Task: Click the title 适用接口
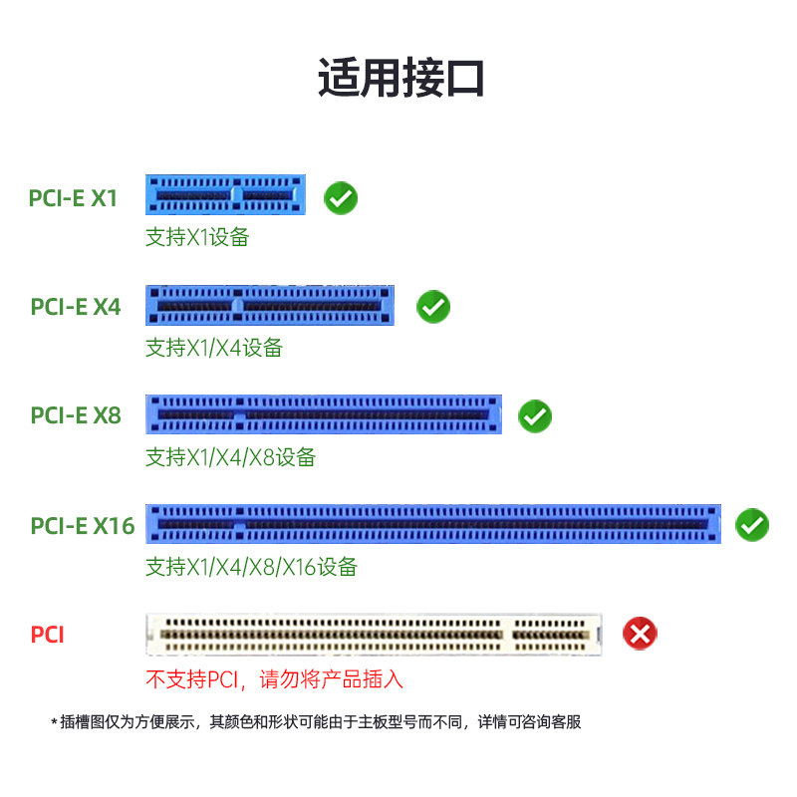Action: (400, 78)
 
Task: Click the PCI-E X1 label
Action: (73, 198)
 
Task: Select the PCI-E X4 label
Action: (76, 307)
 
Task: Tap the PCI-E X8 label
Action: (76, 415)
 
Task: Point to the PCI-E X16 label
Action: (83, 526)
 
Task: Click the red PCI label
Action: (47, 635)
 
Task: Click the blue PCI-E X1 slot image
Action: (226, 194)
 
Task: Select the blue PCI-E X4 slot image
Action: (270, 305)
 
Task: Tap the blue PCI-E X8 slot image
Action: (324, 414)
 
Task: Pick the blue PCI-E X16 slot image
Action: (433, 524)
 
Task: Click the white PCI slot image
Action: (375, 635)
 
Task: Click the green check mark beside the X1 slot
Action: (341, 197)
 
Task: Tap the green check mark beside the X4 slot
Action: (433, 307)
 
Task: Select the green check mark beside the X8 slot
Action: (535, 416)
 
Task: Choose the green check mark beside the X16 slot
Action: (752, 525)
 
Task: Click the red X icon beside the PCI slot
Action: (640, 634)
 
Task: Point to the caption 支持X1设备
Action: (197, 237)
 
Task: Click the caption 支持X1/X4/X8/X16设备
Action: (252, 566)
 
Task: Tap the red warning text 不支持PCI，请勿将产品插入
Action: (275, 679)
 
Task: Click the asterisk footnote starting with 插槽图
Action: (316, 721)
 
